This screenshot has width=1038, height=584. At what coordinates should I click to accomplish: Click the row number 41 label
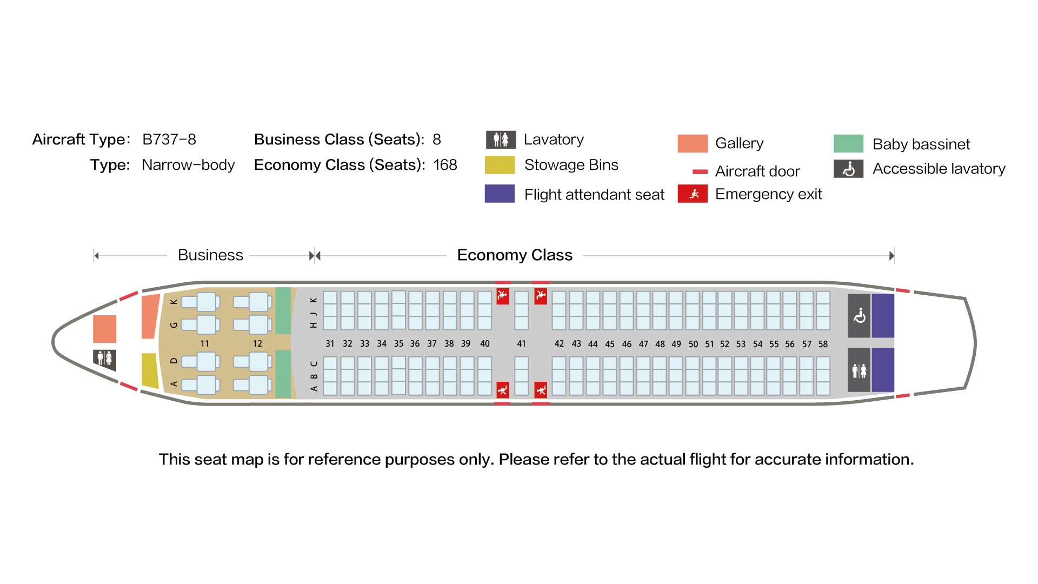pos(521,343)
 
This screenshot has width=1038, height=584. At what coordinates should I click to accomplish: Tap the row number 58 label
pos(823,344)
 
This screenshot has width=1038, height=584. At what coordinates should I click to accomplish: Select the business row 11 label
pos(204,343)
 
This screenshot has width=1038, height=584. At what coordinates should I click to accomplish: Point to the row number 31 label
pos(330,343)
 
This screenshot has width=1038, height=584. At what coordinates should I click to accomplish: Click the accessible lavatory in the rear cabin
pos(859,316)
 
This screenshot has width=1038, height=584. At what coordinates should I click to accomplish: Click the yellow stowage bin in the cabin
pos(150,370)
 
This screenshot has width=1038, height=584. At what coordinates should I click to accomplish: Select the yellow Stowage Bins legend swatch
pos(500,165)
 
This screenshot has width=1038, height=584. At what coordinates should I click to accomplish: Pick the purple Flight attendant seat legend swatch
pos(500,194)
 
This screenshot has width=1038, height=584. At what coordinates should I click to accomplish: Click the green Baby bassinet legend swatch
pos(848,144)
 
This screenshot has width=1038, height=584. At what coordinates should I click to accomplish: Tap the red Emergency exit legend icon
pos(693,194)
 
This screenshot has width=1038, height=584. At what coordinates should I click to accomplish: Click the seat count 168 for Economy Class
pos(445,165)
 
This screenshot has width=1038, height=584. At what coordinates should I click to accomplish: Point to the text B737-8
pos(169,140)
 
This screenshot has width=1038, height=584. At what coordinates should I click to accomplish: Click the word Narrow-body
pos(188,165)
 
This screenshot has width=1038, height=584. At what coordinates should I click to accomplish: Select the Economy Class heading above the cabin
pos(515,255)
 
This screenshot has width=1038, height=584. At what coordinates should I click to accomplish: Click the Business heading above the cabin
pos(210,255)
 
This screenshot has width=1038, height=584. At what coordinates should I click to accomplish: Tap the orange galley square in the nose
pos(104,329)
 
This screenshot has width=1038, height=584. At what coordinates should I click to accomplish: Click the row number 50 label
pos(693,344)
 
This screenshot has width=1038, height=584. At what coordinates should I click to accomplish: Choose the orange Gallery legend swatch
pos(693,143)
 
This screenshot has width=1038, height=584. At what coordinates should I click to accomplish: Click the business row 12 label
pos(257,343)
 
